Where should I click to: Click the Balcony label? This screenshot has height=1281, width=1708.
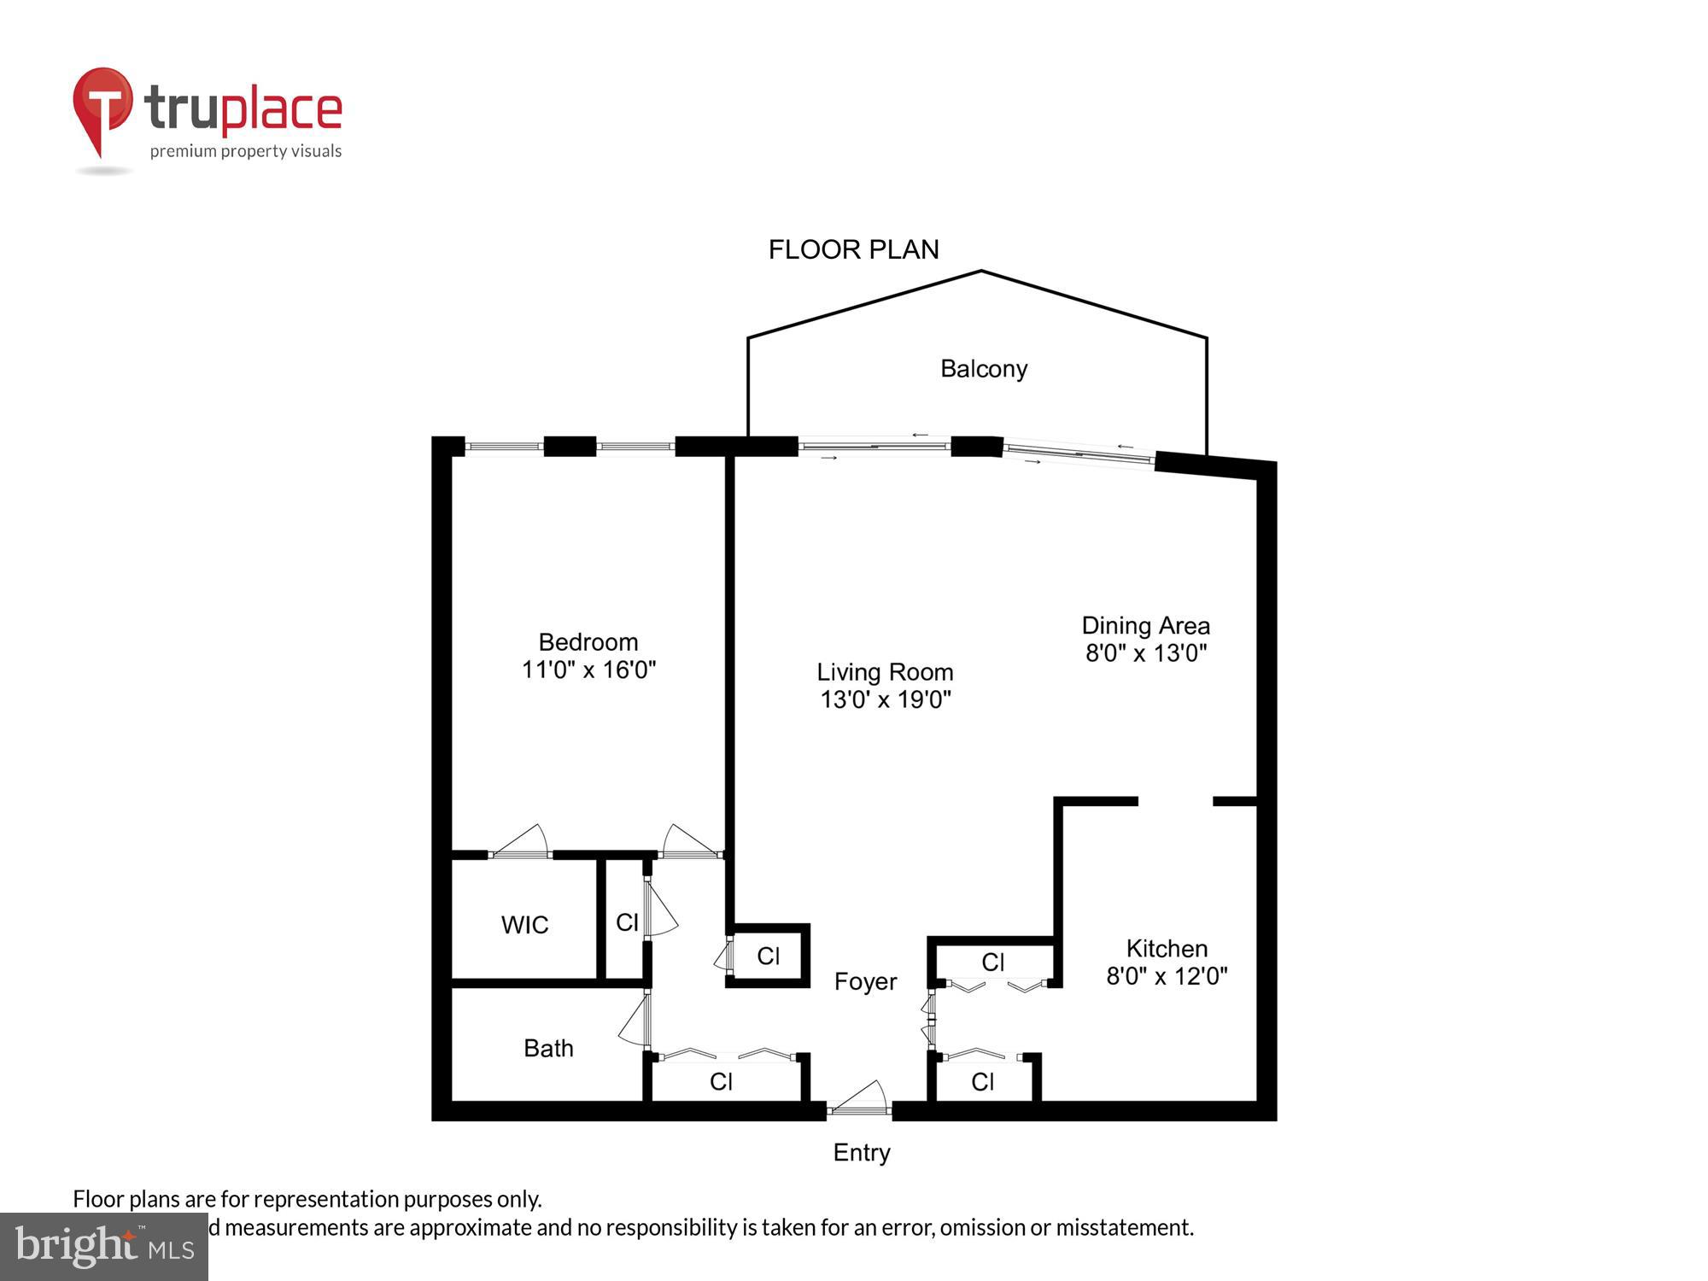pyautogui.click(x=983, y=369)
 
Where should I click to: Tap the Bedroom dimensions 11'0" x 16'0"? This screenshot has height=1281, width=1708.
pyautogui.click(x=588, y=670)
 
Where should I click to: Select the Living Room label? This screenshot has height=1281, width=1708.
pyautogui.click(x=885, y=672)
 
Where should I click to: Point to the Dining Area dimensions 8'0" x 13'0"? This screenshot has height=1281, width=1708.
pyautogui.click(x=1145, y=654)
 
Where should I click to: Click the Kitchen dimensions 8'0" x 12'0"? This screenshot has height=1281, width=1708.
pyautogui.click(x=1167, y=976)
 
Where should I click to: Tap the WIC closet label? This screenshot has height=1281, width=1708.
pyautogui.click(x=524, y=925)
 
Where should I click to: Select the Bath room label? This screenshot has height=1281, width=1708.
pyautogui.click(x=548, y=1048)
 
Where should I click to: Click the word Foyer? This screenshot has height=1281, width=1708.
pyautogui.click(x=865, y=982)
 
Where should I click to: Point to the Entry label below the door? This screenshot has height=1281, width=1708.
pyautogui.click(x=862, y=1153)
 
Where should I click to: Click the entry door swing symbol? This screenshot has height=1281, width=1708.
pyautogui.click(x=863, y=1098)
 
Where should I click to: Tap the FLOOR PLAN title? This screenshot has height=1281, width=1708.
pyautogui.click(x=853, y=249)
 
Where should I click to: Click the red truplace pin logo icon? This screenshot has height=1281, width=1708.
pyautogui.click(x=102, y=107)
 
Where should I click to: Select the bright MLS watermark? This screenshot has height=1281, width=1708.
pyautogui.click(x=104, y=1247)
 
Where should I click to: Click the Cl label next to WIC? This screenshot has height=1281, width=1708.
pyautogui.click(x=627, y=922)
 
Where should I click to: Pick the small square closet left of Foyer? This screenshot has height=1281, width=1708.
pyautogui.click(x=768, y=956)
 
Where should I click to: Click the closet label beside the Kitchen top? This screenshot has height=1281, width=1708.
pyautogui.click(x=993, y=962)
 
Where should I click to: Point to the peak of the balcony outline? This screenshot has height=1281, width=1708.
pyautogui.click(x=981, y=272)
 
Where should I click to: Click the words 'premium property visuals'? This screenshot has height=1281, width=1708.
pyautogui.click(x=246, y=152)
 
